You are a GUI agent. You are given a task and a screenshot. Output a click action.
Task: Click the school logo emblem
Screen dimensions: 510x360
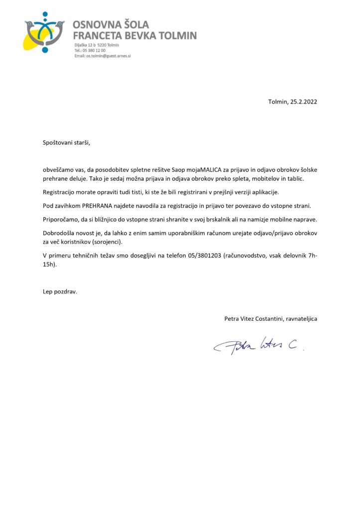click(x=44, y=32)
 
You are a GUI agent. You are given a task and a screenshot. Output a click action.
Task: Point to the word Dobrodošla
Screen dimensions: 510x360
click(x=61, y=234)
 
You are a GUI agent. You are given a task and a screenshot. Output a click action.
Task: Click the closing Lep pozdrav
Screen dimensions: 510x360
click(x=60, y=292)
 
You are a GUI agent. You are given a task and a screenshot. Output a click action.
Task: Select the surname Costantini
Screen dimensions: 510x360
click(x=264, y=318)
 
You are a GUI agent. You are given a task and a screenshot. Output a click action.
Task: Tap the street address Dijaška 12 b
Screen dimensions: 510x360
click(x=85, y=45)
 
